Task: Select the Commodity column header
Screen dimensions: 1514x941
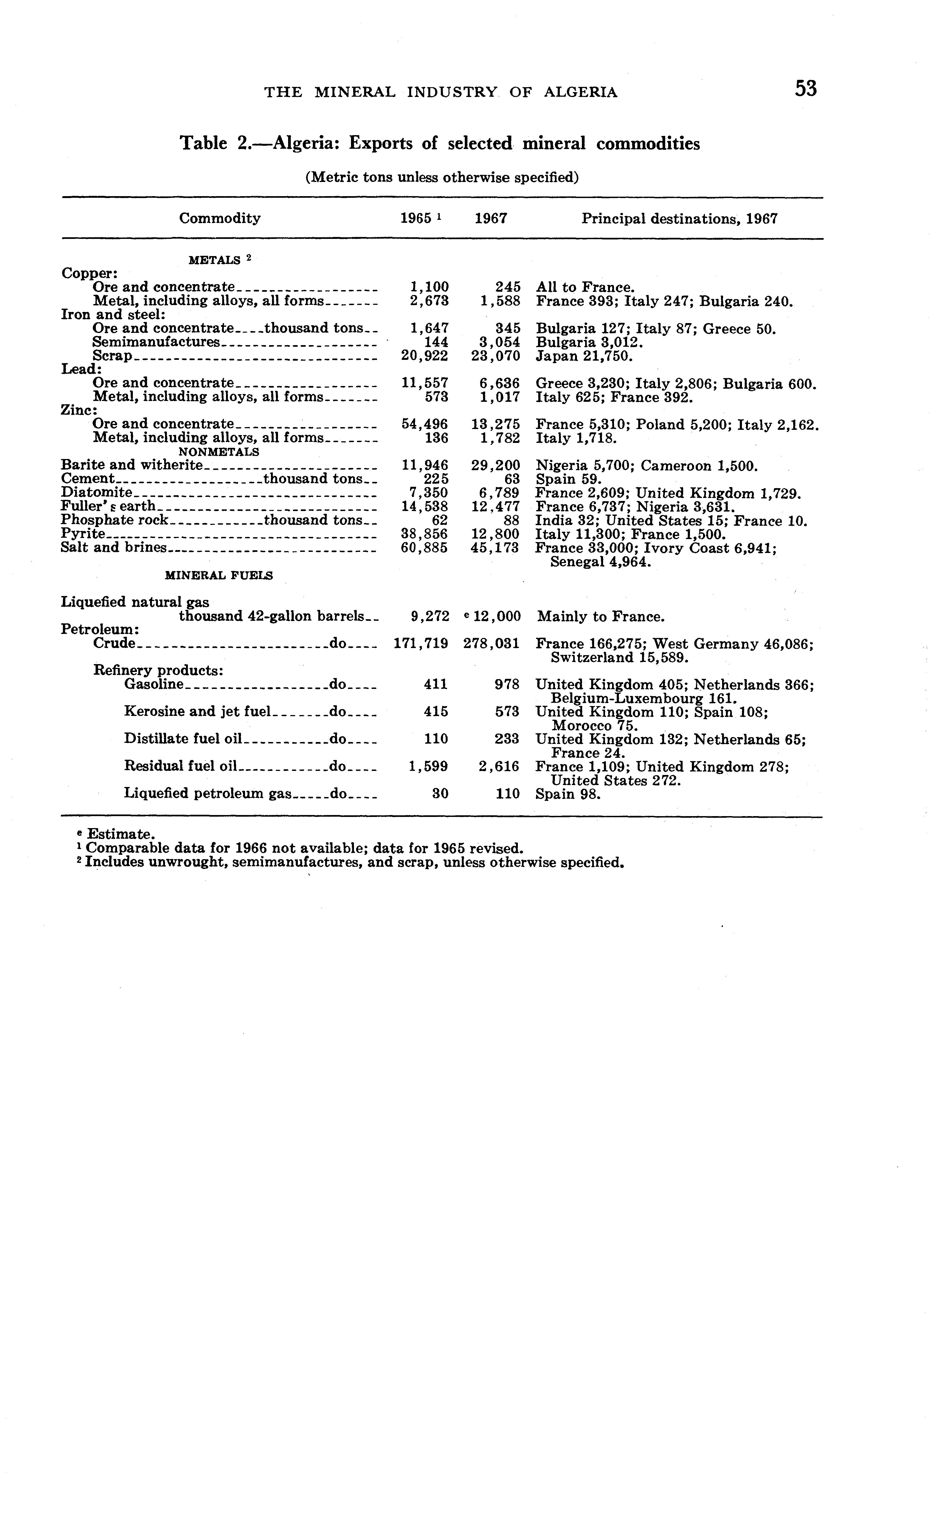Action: click(220, 218)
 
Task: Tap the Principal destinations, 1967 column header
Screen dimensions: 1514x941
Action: click(679, 218)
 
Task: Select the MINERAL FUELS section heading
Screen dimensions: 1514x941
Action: click(218, 576)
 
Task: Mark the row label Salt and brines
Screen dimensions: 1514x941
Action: click(114, 548)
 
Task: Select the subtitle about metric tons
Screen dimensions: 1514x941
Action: click(442, 177)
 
